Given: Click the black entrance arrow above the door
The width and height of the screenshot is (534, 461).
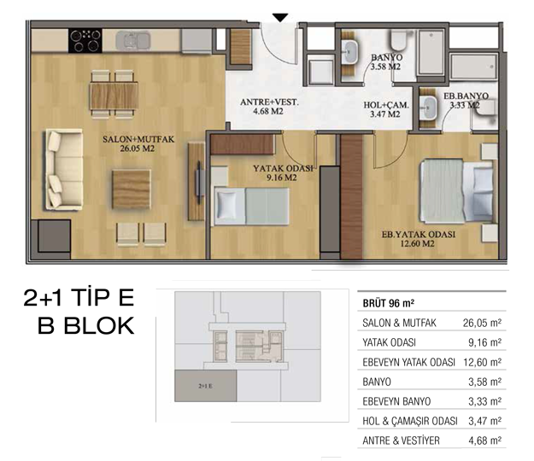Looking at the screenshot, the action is [280, 18].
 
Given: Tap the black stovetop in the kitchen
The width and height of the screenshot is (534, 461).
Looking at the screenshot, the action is [85, 41].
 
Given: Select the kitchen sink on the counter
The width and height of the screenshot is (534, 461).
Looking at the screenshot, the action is [132, 41].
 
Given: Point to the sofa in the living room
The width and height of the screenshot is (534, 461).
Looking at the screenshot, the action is [64, 169].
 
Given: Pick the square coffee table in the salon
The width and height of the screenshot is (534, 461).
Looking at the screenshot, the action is [131, 190].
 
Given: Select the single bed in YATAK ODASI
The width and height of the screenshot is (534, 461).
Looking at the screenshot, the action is [251, 207].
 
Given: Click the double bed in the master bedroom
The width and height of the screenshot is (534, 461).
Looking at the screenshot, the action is [456, 191].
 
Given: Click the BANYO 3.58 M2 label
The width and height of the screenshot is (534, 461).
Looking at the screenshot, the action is [386, 62].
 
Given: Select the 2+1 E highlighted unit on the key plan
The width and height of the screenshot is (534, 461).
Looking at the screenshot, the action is [205, 386].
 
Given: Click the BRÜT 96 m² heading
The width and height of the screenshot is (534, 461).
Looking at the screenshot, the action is [388, 303].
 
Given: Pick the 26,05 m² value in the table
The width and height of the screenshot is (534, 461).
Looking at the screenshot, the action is [482, 323].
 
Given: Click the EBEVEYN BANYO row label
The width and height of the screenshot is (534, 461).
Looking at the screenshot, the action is [396, 401].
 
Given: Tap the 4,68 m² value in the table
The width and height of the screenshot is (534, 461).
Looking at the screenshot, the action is [484, 441].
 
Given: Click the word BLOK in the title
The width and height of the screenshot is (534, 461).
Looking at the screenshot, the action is [99, 325].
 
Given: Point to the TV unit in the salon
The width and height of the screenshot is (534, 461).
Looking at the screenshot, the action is [197, 182].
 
